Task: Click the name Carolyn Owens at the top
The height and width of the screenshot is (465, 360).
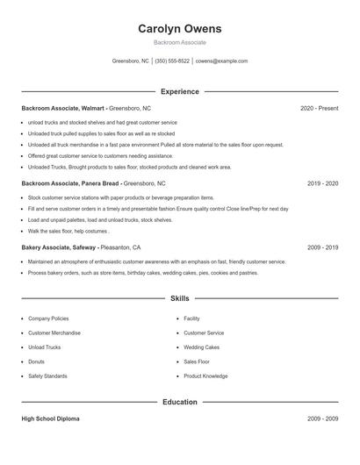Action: pyautogui.click(x=179, y=29)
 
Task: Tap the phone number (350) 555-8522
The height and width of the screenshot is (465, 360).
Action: pyautogui.click(x=172, y=61)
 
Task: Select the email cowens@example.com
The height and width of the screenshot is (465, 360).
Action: pyautogui.click(x=221, y=61)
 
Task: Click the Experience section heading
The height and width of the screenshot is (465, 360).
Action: pyautogui.click(x=179, y=91)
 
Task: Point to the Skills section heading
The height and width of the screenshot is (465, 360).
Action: pyautogui.click(x=179, y=298)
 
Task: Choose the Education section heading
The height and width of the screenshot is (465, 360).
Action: pyautogui.click(x=179, y=402)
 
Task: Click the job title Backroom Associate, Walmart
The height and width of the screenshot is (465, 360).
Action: pyautogui.click(x=67, y=108)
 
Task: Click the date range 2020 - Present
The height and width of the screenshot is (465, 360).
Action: pyautogui.click(x=319, y=108)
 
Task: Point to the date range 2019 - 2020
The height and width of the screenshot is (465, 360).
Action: pyautogui.click(x=322, y=183)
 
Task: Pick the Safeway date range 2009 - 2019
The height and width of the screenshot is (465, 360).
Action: pyautogui.click(x=322, y=247)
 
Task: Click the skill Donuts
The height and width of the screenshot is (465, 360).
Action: pyautogui.click(x=37, y=361)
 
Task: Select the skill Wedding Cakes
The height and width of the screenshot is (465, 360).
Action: pyautogui.click(x=201, y=347)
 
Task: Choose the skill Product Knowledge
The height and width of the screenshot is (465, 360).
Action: pyautogui.click(x=205, y=376)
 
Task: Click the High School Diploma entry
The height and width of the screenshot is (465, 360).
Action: pyautogui.click(x=50, y=418)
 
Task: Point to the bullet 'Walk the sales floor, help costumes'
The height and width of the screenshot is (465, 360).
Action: pyautogui.click(x=68, y=231)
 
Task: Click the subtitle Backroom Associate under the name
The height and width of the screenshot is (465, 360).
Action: pyautogui.click(x=179, y=42)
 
